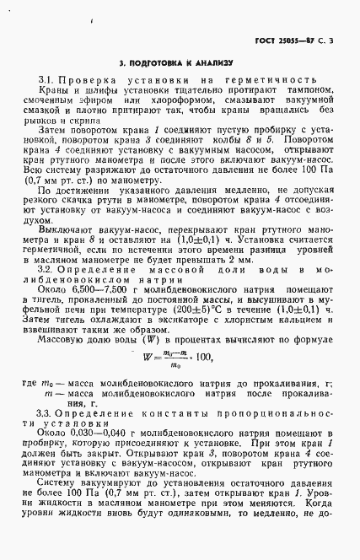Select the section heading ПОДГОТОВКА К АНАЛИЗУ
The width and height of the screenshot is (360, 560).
181,63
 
